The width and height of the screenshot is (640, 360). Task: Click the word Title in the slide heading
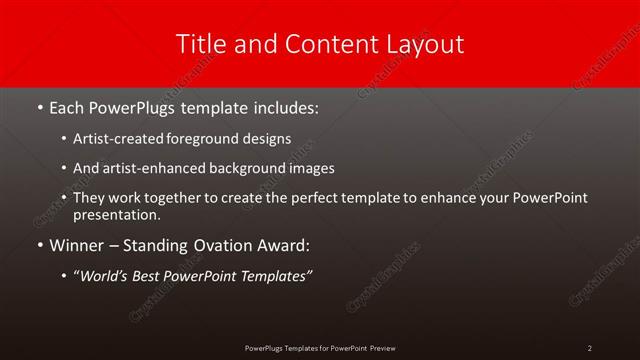coord(200,44)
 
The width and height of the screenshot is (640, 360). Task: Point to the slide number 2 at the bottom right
coord(590,347)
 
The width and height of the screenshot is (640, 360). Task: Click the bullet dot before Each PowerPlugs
coord(39,106)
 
